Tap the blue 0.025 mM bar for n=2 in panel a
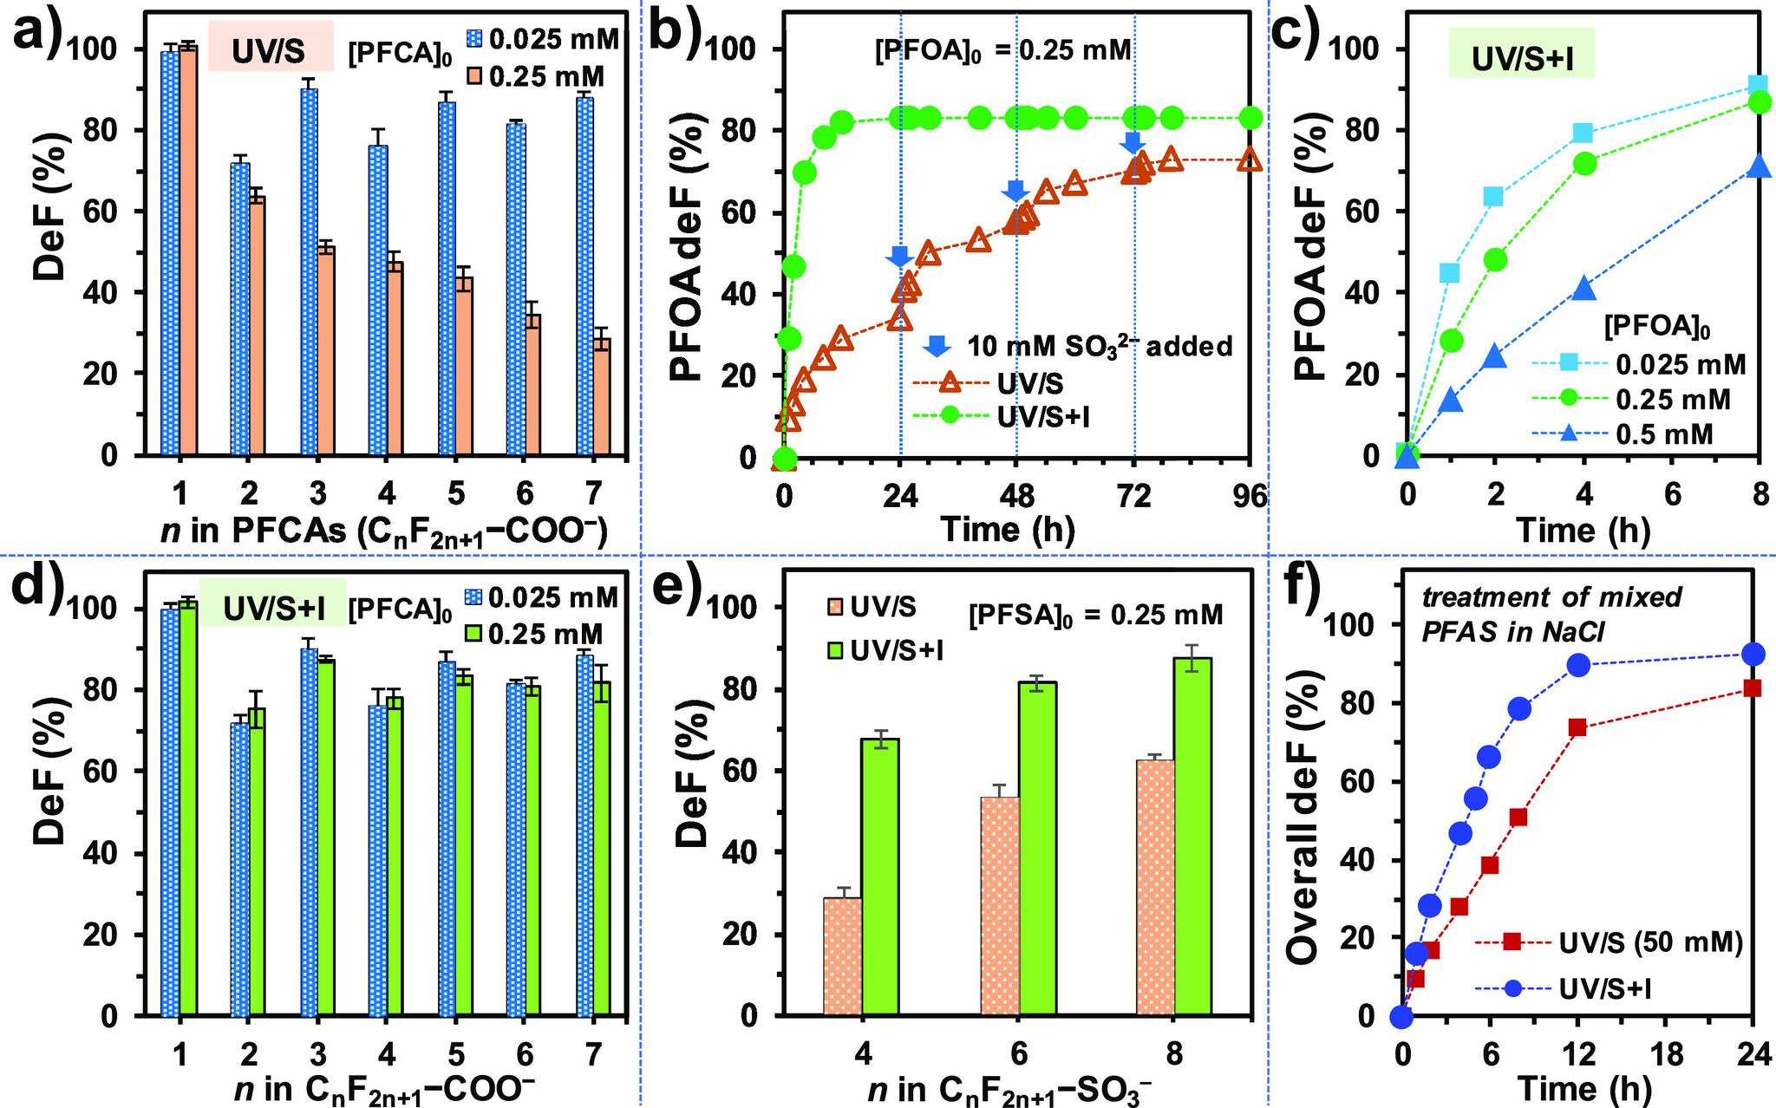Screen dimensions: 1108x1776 [240, 308]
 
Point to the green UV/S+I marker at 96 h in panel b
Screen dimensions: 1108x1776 [1250, 117]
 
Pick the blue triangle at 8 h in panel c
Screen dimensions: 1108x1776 [1759, 166]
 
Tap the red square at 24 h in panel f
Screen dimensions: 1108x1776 [1752, 688]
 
